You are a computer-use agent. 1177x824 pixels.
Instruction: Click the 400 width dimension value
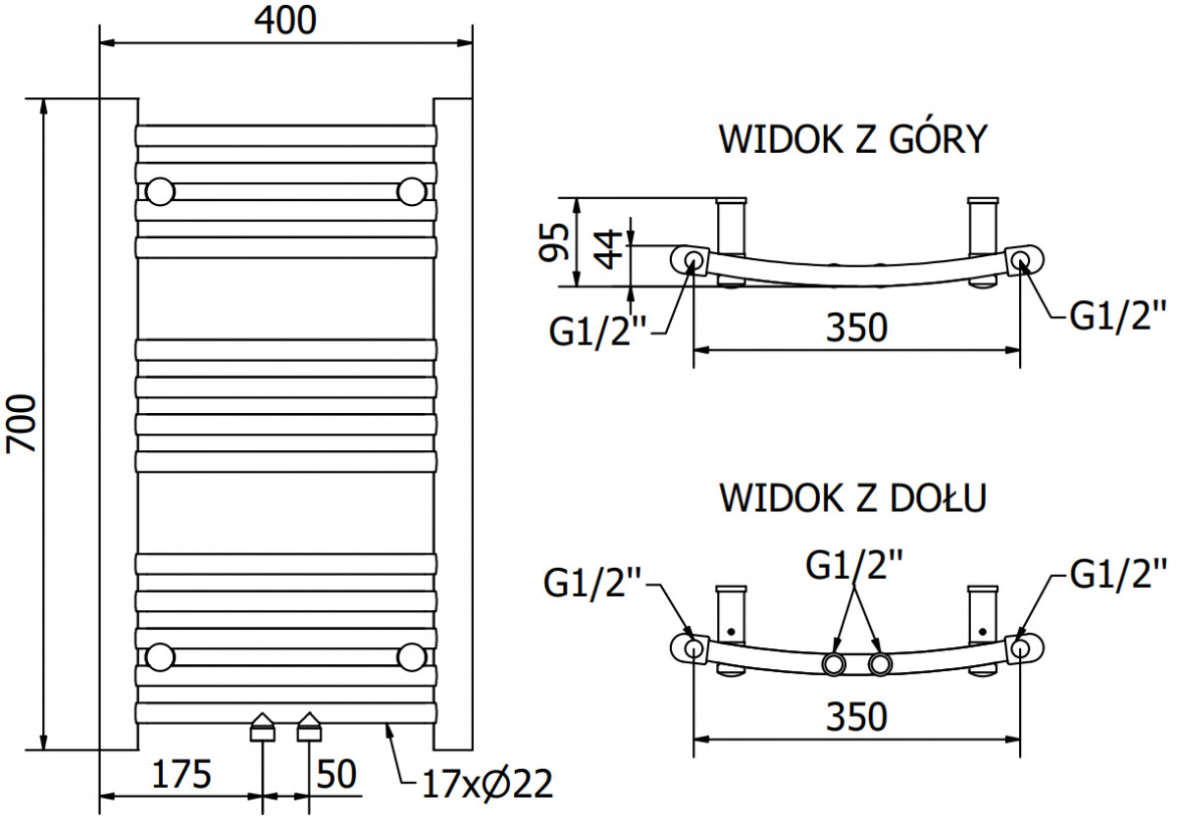285,21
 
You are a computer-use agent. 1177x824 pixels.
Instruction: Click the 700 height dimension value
22,424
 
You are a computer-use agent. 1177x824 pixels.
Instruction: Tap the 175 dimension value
181,774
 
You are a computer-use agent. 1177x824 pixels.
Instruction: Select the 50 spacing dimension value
336,774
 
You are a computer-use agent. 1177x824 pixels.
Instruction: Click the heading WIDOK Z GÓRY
853,138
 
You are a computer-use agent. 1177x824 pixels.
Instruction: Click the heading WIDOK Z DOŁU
853,497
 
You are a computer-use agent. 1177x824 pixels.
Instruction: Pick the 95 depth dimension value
554,242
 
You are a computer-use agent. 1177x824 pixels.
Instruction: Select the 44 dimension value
607,249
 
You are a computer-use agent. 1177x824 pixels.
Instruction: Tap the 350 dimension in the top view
857,328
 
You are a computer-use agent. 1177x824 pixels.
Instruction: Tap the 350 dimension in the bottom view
857,717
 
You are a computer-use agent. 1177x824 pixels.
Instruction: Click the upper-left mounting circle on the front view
160,192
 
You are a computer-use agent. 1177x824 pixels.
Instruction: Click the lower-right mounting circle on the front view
411,657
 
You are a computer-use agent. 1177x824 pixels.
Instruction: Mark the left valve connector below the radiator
262,727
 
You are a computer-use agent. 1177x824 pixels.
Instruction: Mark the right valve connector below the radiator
309,727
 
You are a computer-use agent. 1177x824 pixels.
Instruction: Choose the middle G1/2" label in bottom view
854,564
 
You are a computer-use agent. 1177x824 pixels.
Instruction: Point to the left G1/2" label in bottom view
592,584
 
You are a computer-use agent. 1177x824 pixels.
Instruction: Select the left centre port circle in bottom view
834,665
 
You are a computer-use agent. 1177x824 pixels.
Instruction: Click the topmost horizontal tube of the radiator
285,135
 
